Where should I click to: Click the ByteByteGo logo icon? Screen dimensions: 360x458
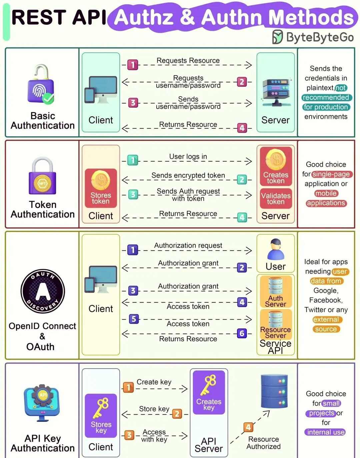pos(277,37)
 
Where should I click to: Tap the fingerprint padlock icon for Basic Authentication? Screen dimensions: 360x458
pos(41,85)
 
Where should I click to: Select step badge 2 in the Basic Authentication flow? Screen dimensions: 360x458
pos(242,82)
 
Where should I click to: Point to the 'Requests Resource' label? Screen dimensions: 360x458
pos(188,61)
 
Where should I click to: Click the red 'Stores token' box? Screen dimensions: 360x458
pos(101,188)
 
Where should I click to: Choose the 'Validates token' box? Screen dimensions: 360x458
pos(276,198)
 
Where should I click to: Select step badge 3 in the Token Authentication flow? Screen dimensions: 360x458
pos(133,194)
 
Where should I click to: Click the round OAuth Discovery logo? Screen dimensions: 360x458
pos(43,291)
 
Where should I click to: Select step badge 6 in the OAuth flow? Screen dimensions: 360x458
pos(242,333)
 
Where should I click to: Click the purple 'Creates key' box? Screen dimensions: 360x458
pos(209,392)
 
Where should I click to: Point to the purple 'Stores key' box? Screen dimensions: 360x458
pos(101,416)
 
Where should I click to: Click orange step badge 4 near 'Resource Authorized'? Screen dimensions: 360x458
pos(248,427)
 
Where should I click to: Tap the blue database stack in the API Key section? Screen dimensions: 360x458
pos(274,391)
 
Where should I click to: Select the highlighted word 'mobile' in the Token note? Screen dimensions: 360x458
pos(326,193)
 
